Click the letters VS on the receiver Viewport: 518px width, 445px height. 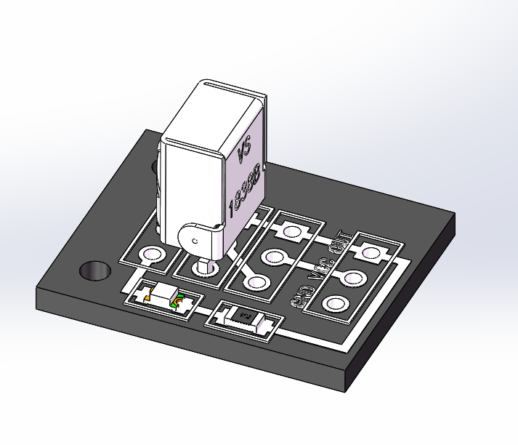tap(244, 151)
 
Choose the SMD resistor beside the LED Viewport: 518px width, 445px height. tap(244, 318)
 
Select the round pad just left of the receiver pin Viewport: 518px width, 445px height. tap(152, 254)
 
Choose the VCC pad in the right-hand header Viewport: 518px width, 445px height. tap(353, 277)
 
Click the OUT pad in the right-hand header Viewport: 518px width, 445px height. tap(371, 253)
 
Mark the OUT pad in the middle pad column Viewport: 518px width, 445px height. tap(292, 232)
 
